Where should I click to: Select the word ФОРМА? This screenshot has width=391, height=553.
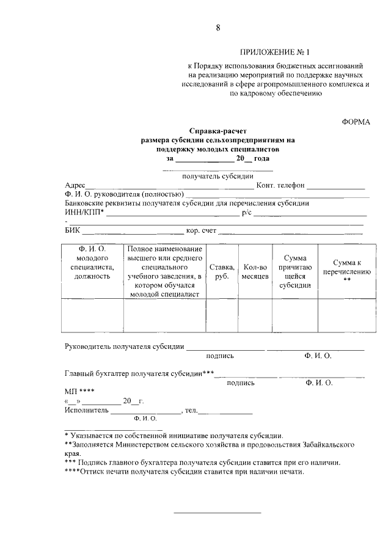click(356, 122)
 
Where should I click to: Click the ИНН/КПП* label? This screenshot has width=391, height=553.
click(84, 212)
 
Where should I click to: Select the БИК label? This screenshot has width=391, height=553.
click(72, 231)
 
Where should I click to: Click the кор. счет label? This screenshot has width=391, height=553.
click(201, 231)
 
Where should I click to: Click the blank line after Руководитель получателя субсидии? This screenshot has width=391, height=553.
click(225, 347)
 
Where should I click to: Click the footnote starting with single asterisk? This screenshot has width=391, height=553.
click(174, 436)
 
